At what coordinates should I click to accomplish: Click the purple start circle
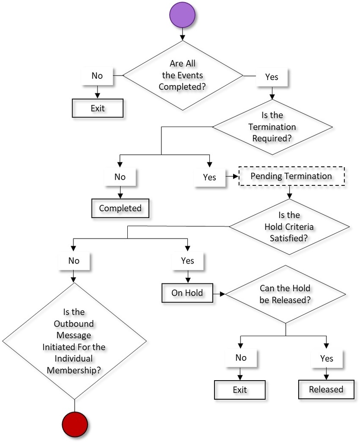point(182,14)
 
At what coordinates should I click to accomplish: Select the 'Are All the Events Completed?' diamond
point(183,75)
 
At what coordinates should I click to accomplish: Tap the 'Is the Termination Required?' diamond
point(272,127)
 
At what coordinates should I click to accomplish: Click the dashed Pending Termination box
point(291,176)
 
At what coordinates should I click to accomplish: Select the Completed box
point(120,208)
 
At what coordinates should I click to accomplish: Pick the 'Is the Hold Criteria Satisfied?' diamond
point(289,226)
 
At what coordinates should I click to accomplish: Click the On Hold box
point(187,293)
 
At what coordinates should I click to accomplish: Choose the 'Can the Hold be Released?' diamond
point(285,294)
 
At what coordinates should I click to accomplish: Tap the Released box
point(326,390)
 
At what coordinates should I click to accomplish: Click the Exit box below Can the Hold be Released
point(240,390)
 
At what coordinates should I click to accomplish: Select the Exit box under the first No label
point(98,108)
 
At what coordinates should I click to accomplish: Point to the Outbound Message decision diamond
point(75,341)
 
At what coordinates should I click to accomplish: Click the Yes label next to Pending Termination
point(209,177)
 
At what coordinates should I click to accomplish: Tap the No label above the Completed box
point(120,177)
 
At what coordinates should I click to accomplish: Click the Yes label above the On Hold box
point(187,261)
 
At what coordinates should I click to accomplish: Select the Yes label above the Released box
point(327,358)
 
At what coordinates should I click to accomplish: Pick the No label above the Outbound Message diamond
point(74,261)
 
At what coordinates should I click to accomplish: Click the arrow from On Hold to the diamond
point(219,294)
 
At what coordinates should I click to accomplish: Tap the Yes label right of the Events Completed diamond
point(272,77)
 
